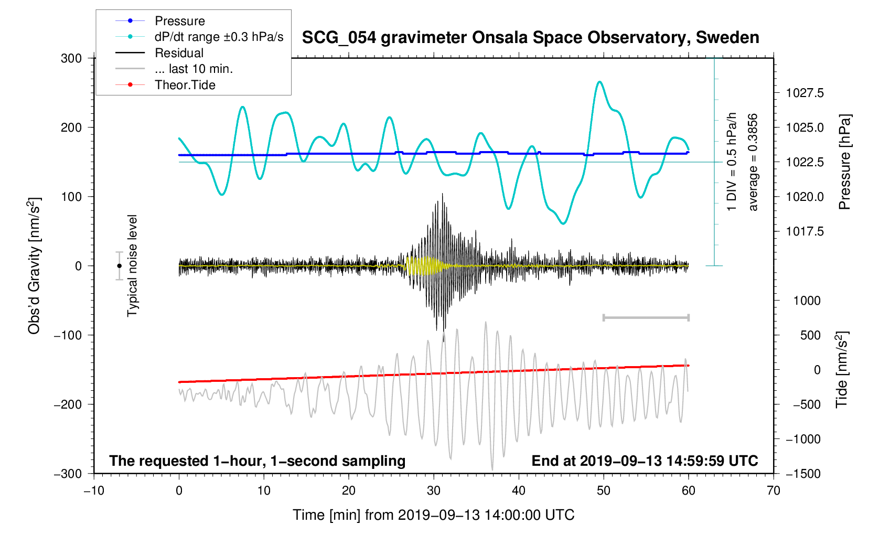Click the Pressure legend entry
coord(179,21)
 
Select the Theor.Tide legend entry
coord(185,85)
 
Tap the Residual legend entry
coord(179,53)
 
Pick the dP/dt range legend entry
coord(219,37)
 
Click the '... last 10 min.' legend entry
coord(194,69)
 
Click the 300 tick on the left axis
coord(71,58)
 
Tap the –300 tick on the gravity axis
coord(68,474)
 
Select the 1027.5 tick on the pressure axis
coord(805,93)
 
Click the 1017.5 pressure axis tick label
coord(805,231)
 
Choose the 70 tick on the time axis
coord(773,491)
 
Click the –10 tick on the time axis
coord(94,491)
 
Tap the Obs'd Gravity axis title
coord(34,266)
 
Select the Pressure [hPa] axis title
coord(844,162)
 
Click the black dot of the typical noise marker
coord(120,266)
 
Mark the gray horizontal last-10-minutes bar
coord(646,317)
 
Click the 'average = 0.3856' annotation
coord(753,162)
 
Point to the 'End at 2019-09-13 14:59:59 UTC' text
coord(645,461)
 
